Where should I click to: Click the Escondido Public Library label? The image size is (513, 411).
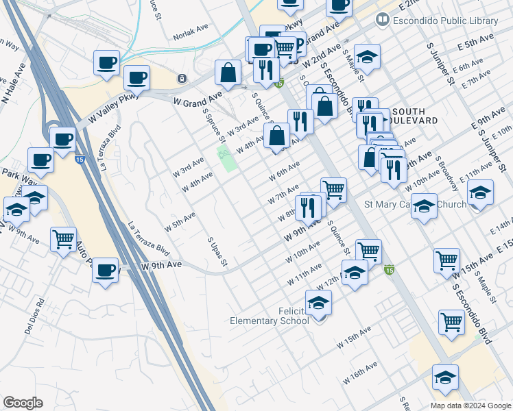[445, 21]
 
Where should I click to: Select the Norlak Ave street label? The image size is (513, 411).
[191, 33]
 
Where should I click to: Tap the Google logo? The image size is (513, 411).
[23, 403]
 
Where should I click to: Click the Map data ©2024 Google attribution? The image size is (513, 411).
[470, 405]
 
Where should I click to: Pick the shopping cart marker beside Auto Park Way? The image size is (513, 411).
[63, 240]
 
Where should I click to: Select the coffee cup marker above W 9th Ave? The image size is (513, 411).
[106, 270]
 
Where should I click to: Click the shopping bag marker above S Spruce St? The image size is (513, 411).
[228, 72]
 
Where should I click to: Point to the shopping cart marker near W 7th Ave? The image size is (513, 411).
[333, 190]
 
